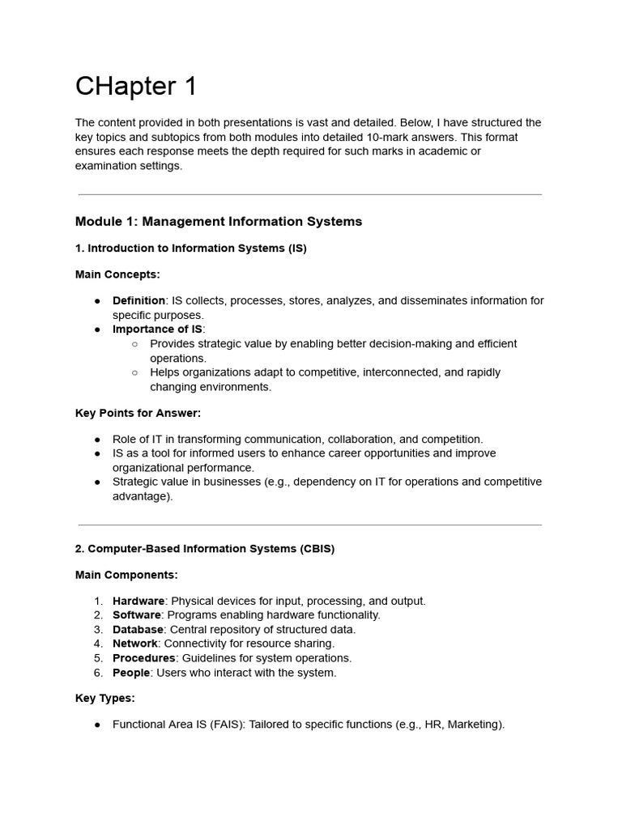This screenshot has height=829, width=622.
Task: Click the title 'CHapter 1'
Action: (136, 86)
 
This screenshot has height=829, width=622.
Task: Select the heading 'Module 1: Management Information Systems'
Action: (219, 221)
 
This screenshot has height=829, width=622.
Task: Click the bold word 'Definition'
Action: (138, 300)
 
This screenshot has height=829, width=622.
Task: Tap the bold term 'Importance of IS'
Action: (157, 329)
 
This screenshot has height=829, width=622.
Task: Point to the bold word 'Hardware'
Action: (138, 601)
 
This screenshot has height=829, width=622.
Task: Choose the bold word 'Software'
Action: (136, 614)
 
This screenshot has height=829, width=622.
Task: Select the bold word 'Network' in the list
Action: (134, 644)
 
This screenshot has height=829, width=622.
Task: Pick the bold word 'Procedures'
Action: (143, 658)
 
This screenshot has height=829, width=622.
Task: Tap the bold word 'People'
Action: (131, 673)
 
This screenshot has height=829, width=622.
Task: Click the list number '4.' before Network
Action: (98, 644)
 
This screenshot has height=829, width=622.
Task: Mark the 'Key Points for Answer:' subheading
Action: (138, 413)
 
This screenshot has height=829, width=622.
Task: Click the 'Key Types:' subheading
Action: (105, 698)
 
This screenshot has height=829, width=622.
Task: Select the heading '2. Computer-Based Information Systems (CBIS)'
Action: (205, 548)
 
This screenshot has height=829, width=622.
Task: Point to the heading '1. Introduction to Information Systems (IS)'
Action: (191, 248)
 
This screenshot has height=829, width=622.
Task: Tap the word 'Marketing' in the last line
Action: (474, 725)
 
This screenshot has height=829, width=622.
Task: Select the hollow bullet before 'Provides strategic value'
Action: (134, 343)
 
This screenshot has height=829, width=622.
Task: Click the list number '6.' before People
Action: (98, 673)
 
